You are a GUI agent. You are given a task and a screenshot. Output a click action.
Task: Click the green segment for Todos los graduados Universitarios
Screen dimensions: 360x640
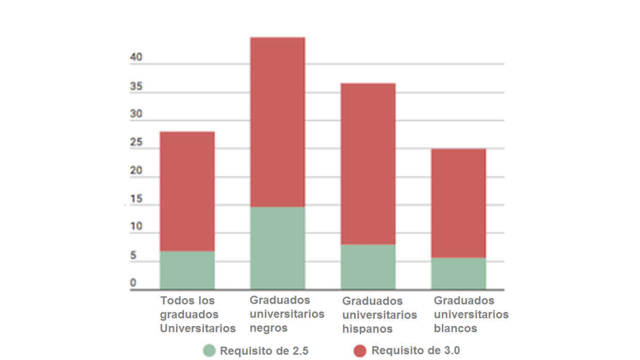coord(187,270)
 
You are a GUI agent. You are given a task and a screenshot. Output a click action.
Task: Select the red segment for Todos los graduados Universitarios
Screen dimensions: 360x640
coord(187,191)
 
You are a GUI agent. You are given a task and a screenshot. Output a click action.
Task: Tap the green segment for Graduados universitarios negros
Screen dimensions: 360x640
coord(278,248)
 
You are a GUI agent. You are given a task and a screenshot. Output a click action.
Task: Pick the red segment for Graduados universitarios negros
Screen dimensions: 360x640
coord(278,122)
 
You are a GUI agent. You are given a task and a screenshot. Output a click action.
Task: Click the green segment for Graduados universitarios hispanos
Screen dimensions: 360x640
coord(368,267)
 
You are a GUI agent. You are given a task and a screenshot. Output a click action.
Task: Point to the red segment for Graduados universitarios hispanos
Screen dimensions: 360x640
coord(368,163)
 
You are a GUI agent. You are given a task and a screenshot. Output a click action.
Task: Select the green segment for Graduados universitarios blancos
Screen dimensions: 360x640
coord(458,273)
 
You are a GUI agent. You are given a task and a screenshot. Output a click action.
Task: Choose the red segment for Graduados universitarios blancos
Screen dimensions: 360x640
coord(458,203)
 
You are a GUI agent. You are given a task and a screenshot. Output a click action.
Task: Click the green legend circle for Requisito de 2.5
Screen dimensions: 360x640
coord(209,351)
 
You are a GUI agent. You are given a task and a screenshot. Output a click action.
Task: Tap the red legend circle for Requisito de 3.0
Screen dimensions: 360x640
coord(360,351)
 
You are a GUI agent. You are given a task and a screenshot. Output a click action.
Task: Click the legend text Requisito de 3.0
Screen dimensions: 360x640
coord(415,351)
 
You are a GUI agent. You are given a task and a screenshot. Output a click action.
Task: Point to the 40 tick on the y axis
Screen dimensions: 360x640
coord(136,58)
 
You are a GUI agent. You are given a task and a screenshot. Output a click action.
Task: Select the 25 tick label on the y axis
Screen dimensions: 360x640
coord(136,143)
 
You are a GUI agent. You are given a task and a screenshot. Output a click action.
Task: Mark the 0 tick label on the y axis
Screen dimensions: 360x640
coord(133,283)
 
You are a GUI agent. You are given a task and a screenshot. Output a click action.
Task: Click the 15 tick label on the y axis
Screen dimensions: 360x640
coord(136,199)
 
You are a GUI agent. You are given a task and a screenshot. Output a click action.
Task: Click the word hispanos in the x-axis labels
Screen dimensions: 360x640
coord(367,329)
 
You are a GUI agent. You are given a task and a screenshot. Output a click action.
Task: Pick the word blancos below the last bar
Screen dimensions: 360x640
coord(455,329)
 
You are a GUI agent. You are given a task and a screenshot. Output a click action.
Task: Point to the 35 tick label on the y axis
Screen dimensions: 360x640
coord(136,87)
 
